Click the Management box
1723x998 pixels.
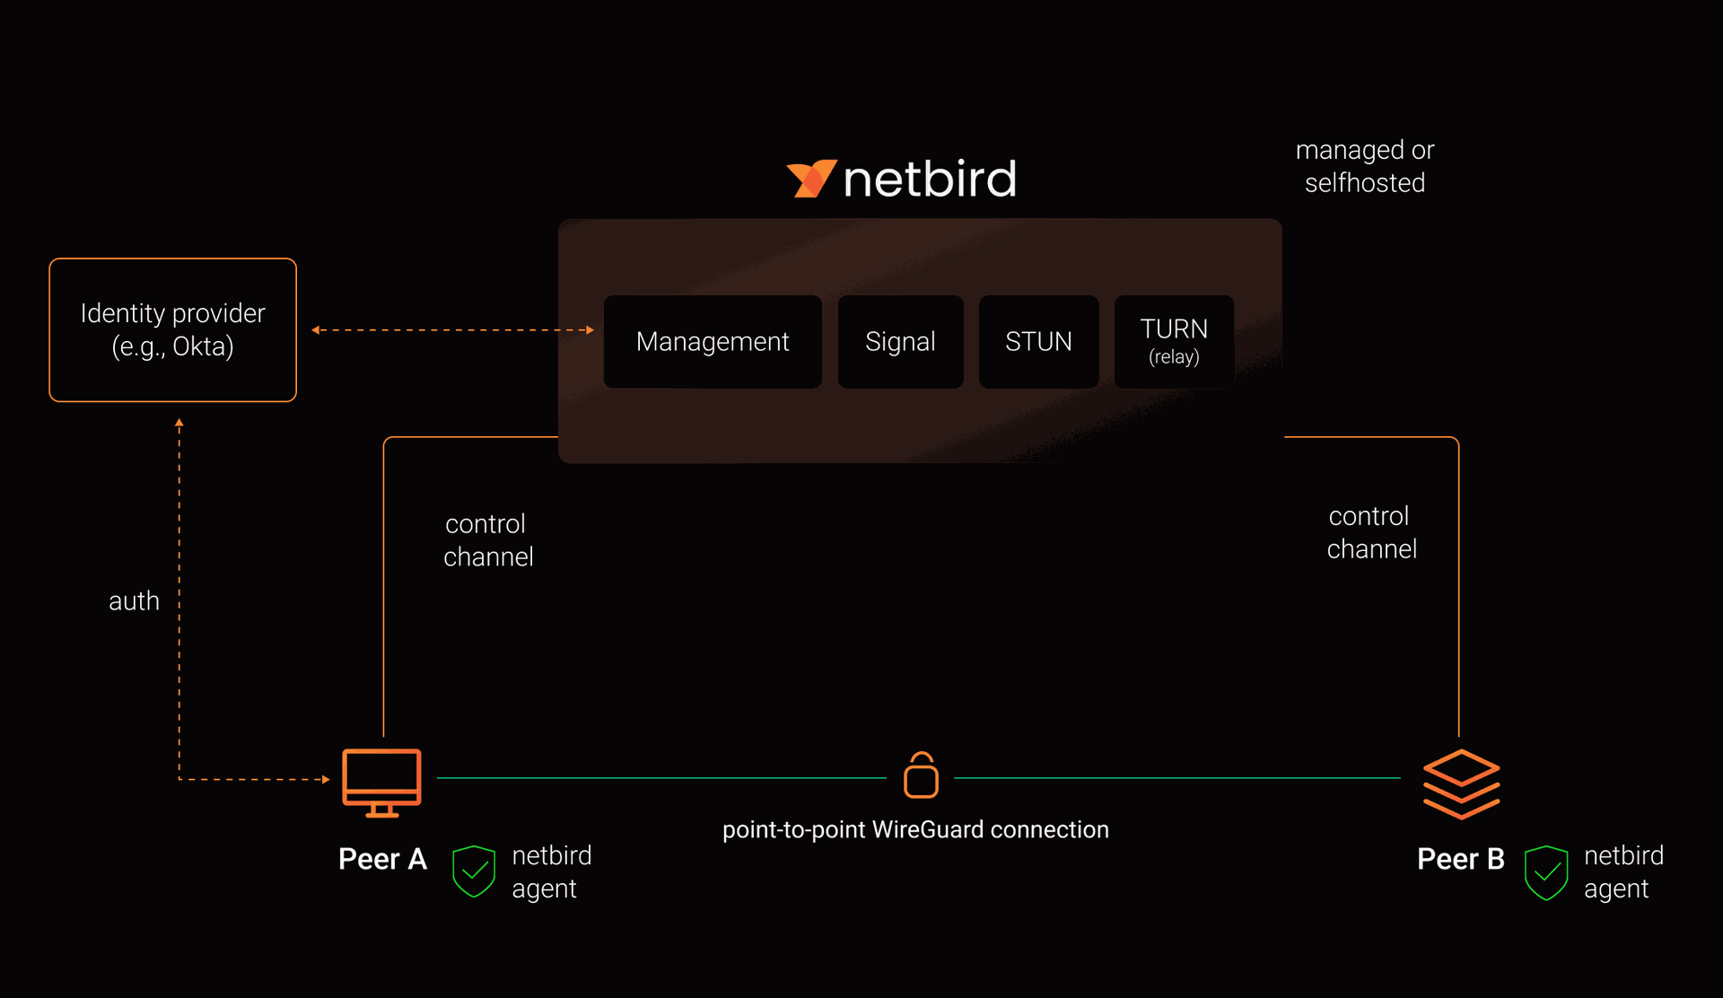pos(713,342)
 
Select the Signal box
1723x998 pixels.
pos(900,342)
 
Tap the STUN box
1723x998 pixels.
pos(1038,342)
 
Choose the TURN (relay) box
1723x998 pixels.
pos(1174,342)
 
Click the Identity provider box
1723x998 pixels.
pos(172,330)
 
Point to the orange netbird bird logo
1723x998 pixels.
pos(810,179)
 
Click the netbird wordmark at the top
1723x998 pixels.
pos(930,179)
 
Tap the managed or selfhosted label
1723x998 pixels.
pos(1364,166)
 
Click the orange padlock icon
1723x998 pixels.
pos(921,776)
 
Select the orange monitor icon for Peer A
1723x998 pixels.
pos(381,781)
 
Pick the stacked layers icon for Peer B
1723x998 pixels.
pos(1461,784)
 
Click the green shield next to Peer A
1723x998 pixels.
pos(474,871)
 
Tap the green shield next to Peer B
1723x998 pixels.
pos(1545,871)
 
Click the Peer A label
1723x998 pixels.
pos(382,859)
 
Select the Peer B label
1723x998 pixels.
pos(1460,859)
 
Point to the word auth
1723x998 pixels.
pos(134,600)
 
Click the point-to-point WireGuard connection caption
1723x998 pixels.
pos(915,829)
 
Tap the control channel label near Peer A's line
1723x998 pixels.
pos(488,540)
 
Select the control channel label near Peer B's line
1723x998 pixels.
pos(1371,532)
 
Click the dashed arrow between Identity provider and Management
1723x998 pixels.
pos(452,330)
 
